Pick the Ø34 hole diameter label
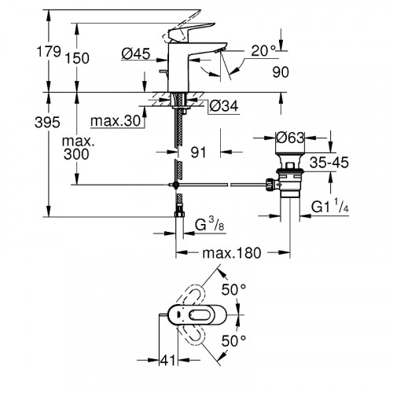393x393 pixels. point(225,105)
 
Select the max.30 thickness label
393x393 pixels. point(115,121)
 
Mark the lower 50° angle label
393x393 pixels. point(235,340)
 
